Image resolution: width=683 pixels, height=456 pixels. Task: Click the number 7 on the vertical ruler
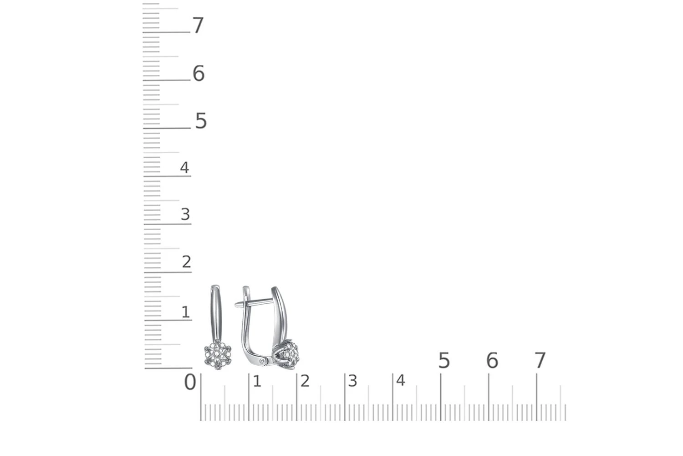click(x=198, y=26)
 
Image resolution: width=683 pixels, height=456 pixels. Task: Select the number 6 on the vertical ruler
click(x=199, y=73)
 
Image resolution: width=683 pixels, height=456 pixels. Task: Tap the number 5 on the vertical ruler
click(x=201, y=121)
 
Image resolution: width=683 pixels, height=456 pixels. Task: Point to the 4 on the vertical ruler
click(x=184, y=167)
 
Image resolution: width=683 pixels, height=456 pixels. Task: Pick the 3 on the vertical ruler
click(x=185, y=214)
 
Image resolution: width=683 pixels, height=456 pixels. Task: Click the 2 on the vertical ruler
click(x=187, y=262)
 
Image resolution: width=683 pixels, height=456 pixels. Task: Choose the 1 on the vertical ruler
click(x=186, y=312)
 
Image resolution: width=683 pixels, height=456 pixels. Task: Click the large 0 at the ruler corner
click(x=190, y=382)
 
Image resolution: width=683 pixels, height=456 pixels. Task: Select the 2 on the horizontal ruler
click(x=305, y=381)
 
